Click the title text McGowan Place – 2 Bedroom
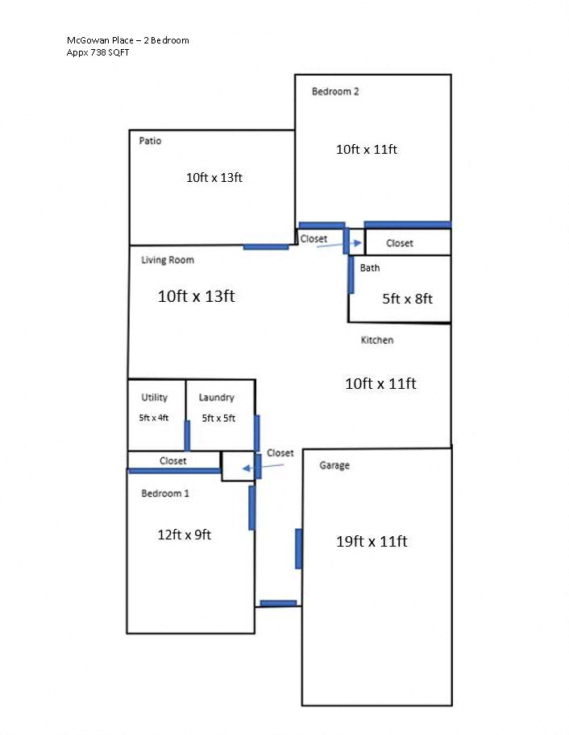pyautogui.click(x=128, y=40)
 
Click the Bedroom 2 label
pyautogui.click(x=335, y=92)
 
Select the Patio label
pyautogui.click(x=150, y=141)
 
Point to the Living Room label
pyautogui.click(x=168, y=260)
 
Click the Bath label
pyautogui.click(x=370, y=268)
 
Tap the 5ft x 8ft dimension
pyautogui.click(x=407, y=299)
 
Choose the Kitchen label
pyautogui.click(x=377, y=341)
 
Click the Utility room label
pyautogui.click(x=155, y=398)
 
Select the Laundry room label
pyautogui.click(x=217, y=398)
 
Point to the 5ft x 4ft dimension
pyautogui.click(x=154, y=418)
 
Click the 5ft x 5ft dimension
pyautogui.click(x=218, y=418)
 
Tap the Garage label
pyautogui.click(x=334, y=465)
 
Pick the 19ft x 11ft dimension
pyautogui.click(x=372, y=542)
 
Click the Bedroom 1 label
pyautogui.click(x=165, y=493)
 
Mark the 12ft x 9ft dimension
pyautogui.click(x=185, y=534)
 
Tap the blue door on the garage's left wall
pyautogui.click(x=298, y=548)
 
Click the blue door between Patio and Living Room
pyautogui.click(x=266, y=246)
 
